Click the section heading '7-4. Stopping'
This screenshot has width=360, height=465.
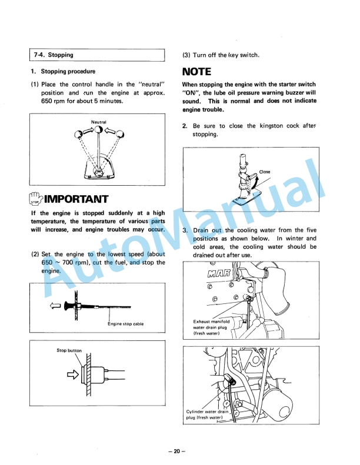click(x=54, y=55)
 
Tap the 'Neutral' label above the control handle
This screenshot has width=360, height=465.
click(x=98, y=122)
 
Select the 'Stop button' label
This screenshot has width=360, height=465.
click(x=69, y=350)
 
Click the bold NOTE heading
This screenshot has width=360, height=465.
click(x=196, y=72)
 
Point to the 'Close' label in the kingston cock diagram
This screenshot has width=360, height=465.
click(x=265, y=172)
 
